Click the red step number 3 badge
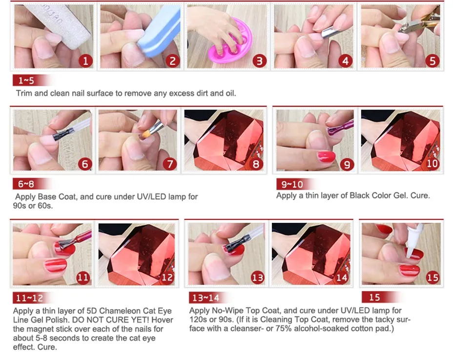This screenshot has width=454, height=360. (x=259, y=61)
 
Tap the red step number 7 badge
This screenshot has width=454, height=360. (x=170, y=164)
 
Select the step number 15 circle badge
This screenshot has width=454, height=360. (x=433, y=278)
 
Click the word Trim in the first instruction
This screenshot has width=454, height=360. (x=24, y=93)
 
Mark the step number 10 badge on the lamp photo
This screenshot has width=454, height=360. (x=433, y=164)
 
